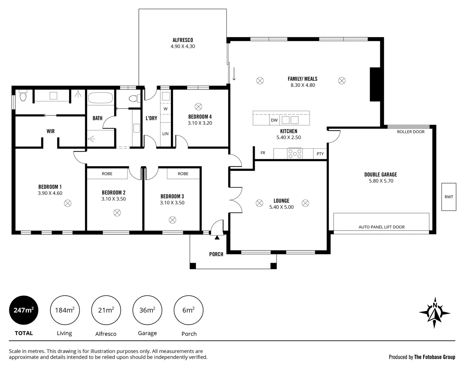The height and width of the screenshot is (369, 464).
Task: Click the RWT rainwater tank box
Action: pos(449,197)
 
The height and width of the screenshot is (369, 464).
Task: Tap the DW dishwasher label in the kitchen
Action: pos(274,120)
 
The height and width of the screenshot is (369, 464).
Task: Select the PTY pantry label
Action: pos(320,154)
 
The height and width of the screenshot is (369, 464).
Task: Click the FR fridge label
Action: pos(263,153)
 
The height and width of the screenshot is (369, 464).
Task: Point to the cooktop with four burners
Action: pos(295,153)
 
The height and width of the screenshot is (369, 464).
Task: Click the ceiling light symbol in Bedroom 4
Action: pos(198,106)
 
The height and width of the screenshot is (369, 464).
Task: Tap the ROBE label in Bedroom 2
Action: pos(107,174)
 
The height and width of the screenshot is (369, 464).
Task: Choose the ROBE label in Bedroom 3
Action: pos(183,174)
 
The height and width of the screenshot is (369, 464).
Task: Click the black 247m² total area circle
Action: pos(24,310)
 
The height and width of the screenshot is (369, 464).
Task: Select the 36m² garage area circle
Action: pos(147,310)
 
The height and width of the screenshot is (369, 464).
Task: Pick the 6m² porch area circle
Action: pos(188,310)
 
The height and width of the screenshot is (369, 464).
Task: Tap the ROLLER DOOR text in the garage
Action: pos(411,132)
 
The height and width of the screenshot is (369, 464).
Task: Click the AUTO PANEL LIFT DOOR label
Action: pos(381,227)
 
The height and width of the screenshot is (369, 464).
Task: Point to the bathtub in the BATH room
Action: pos(100,98)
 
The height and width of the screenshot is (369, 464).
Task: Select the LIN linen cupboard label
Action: pos(165,134)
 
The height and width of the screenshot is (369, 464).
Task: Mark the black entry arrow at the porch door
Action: pos(217,237)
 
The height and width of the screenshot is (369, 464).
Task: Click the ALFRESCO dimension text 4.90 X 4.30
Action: pos(183,46)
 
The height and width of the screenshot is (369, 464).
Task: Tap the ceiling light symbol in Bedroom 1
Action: pos(68,204)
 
